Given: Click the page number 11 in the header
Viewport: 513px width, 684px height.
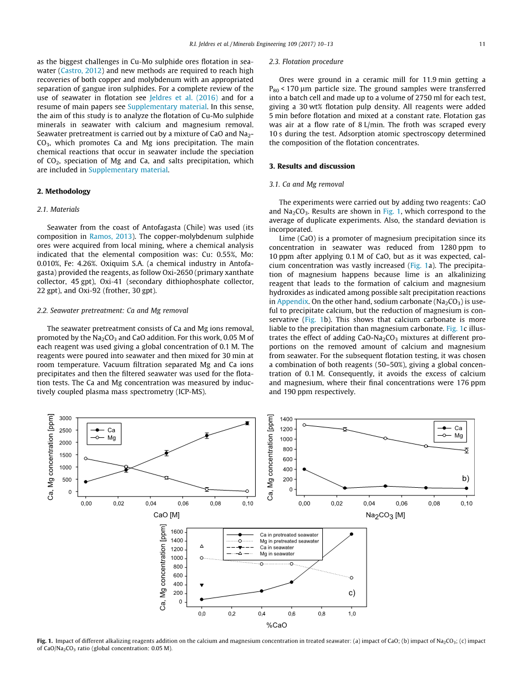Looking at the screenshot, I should coord(482,44).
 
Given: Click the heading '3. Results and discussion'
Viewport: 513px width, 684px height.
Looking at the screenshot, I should coord(312,166).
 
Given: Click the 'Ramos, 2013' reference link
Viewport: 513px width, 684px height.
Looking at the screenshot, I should coord(109,236).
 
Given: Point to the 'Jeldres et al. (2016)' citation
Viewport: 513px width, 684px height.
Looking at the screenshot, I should coord(175,97).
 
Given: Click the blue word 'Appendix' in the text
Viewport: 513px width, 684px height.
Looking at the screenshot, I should coord(292,302).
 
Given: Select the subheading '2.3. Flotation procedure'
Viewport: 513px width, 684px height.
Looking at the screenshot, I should coord(306,62).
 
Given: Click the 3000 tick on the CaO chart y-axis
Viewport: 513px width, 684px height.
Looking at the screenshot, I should coord(66,418).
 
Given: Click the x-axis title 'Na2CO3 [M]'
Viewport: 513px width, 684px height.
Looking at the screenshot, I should coord(385,515).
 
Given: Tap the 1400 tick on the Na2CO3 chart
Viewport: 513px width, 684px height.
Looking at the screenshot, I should coord(286,418).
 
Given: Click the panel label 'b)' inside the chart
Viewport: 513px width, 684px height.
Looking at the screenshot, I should coord(465,478).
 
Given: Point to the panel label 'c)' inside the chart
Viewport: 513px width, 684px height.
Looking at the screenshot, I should coord(352,593).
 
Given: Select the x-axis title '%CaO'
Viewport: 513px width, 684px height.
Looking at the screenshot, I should coord(277,625).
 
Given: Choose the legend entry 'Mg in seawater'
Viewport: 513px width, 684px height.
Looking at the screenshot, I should coord(277,554).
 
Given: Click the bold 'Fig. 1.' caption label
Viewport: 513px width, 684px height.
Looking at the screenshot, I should coord(45,641).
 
